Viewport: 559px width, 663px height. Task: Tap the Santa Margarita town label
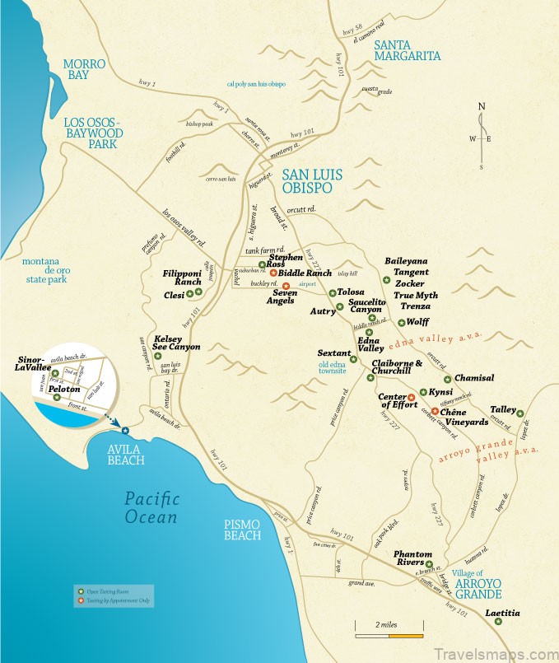click(407, 50)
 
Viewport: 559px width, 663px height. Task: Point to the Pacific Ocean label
click(151, 507)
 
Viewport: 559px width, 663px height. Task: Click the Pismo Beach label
click(243, 530)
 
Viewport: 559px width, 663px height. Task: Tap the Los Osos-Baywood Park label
click(92, 133)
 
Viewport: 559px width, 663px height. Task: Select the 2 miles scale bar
click(389, 635)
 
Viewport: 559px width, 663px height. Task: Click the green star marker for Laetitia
click(498, 622)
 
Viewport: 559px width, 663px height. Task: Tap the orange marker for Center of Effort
click(411, 398)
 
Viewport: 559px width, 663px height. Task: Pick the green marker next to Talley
click(519, 411)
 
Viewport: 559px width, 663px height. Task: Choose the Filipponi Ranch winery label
click(182, 277)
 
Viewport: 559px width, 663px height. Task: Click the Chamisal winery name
click(473, 378)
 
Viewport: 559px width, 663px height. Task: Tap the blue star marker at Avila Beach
click(125, 430)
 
